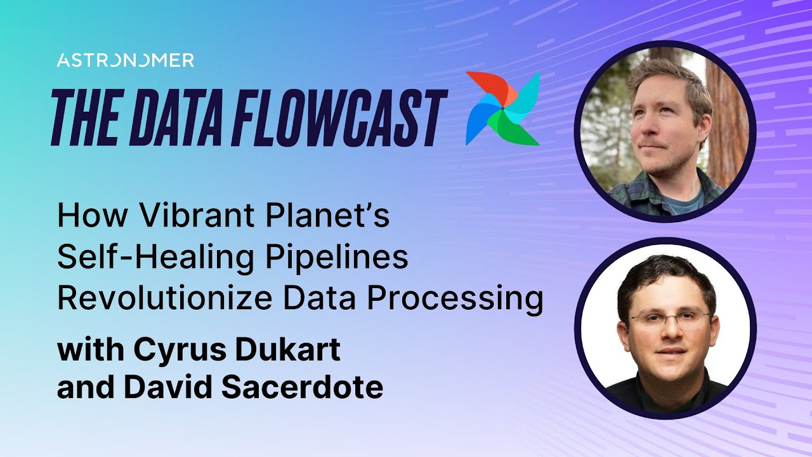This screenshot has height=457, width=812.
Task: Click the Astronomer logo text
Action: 125,60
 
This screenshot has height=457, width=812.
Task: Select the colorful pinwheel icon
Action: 502,108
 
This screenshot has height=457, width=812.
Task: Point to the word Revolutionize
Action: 165,298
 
